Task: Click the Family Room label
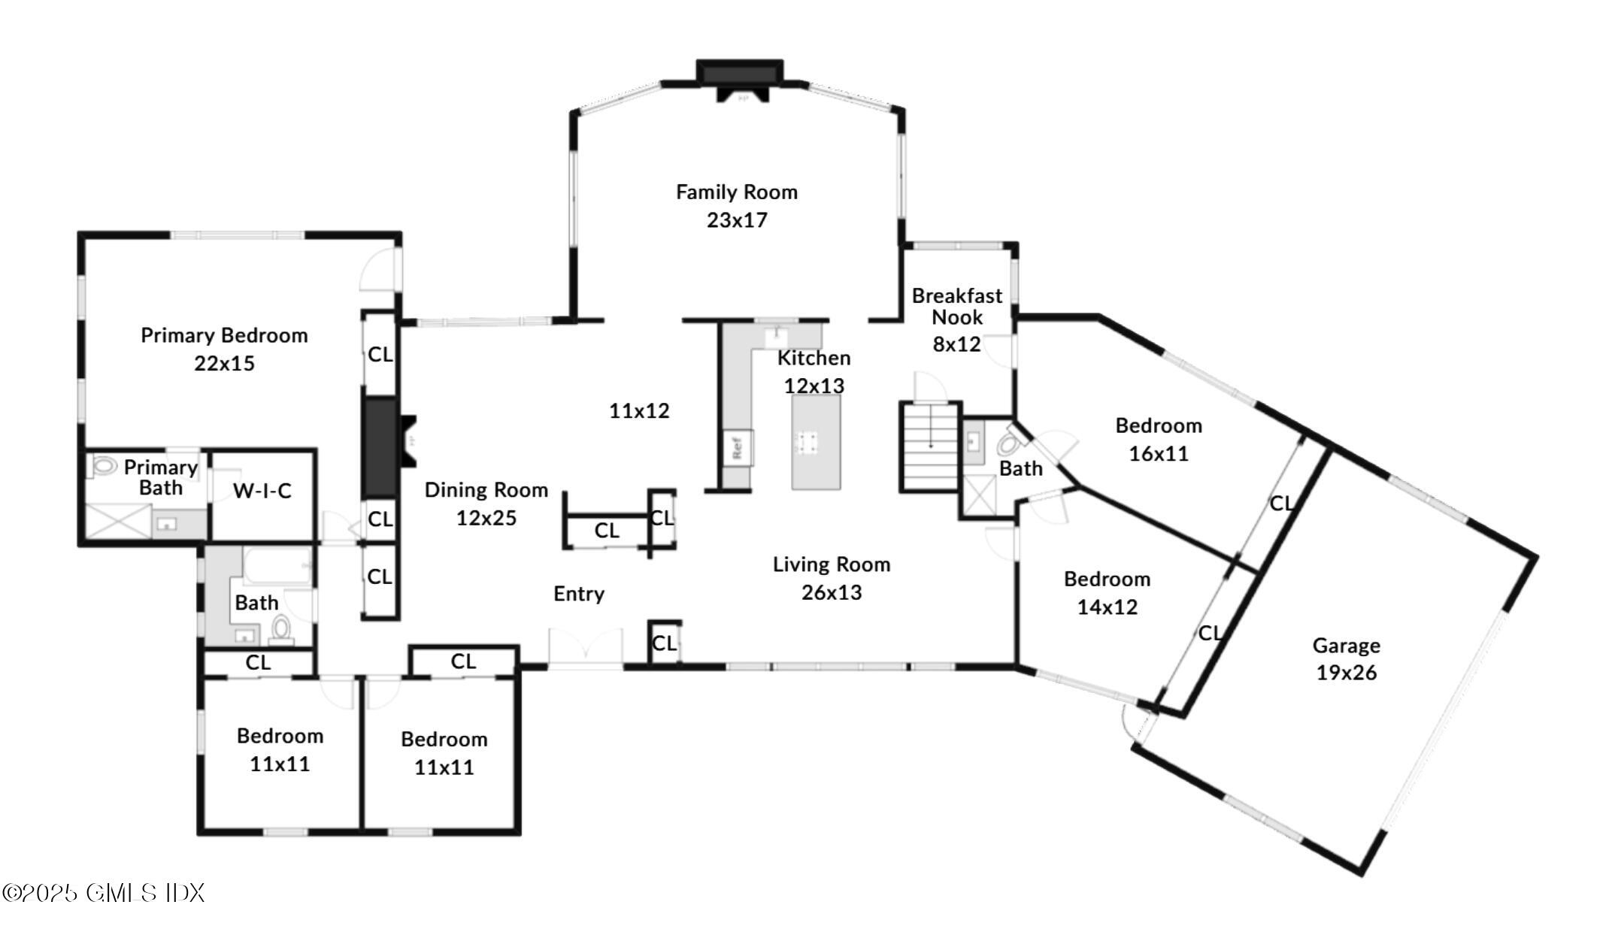point(736,192)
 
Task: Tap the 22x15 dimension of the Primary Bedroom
point(224,364)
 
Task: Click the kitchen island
point(815,442)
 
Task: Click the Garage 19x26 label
point(1346,659)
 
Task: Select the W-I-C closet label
point(262,492)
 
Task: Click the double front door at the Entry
point(585,648)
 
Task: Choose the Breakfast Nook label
point(956,306)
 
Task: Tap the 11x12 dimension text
point(639,411)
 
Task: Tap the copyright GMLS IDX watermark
point(104,893)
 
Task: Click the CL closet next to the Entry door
point(664,643)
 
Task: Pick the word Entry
point(578,594)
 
